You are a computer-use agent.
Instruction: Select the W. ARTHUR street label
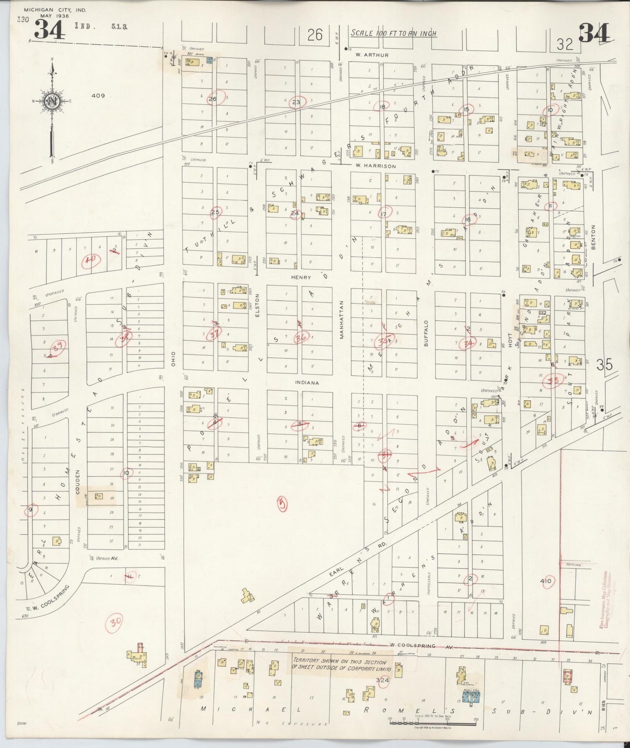(365, 55)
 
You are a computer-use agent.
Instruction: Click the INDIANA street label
(307, 383)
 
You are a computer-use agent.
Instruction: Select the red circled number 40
(91, 261)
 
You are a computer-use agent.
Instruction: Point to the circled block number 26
(213, 99)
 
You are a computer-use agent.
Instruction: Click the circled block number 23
(296, 103)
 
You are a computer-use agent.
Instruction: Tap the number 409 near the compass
(99, 96)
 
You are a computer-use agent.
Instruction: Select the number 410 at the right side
(545, 581)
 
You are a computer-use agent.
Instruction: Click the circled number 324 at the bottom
(384, 680)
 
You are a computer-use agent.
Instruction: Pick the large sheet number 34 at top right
(594, 33)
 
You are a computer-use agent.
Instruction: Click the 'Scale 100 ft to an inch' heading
(394, 34)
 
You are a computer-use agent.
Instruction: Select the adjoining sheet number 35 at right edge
(605, 364)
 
